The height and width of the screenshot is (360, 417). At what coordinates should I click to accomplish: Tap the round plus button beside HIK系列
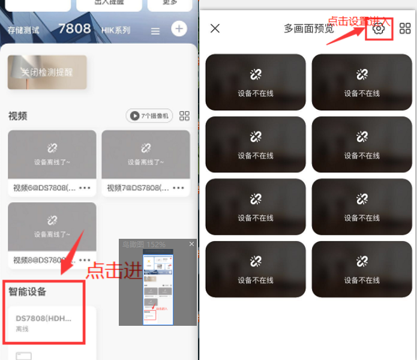(x=178, y=29)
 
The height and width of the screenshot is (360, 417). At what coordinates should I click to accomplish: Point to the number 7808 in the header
(x=74, y=29)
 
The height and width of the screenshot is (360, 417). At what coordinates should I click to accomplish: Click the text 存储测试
(x=23, y=30)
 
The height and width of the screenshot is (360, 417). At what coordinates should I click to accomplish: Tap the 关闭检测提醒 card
(x=47, y=72)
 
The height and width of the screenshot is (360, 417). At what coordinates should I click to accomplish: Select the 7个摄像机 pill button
(x=149, y=116)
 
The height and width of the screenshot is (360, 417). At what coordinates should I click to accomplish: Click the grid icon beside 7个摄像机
(x=184, y=116)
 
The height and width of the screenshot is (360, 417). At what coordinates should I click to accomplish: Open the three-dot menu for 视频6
(x=85, y=188)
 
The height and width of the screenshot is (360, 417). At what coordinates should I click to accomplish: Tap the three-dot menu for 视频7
(x=179, y=188)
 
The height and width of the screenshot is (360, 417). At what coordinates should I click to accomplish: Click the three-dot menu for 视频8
(x=85, y=260)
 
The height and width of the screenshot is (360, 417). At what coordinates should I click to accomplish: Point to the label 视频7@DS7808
(x=137, y=188)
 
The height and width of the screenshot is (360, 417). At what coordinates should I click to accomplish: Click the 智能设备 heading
(x=28, y=292)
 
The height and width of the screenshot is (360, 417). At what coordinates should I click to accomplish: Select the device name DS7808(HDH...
(x=44, y=318)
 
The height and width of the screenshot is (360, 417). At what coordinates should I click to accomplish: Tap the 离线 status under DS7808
(x=22, y=329)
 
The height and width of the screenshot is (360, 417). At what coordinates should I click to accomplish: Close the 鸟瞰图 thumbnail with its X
(x=192, y=244)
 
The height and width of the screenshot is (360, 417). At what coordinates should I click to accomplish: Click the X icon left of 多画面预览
(x=215, y=28)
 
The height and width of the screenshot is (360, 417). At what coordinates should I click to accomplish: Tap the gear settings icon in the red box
(x=379, y=28)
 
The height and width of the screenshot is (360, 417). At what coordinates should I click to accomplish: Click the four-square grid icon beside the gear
(x=405, y=28)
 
